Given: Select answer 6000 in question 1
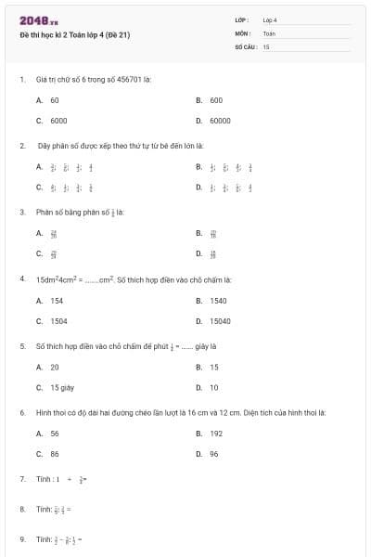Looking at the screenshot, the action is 58,121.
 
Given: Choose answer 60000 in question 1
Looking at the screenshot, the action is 220,121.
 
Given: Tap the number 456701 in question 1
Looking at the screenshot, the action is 127,79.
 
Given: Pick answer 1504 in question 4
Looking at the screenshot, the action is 58,321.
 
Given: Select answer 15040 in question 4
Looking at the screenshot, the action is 220,321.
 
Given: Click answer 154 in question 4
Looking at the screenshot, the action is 57,301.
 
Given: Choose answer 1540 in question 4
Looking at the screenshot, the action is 218,301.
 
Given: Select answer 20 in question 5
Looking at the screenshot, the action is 55,367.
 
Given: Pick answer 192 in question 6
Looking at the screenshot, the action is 216,434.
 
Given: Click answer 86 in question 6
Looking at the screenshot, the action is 55,454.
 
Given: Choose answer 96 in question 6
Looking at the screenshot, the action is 214,454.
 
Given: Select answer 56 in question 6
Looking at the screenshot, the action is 55,434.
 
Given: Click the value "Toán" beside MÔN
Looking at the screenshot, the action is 269,32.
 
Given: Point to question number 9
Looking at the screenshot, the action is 21,538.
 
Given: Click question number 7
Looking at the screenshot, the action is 21,479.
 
